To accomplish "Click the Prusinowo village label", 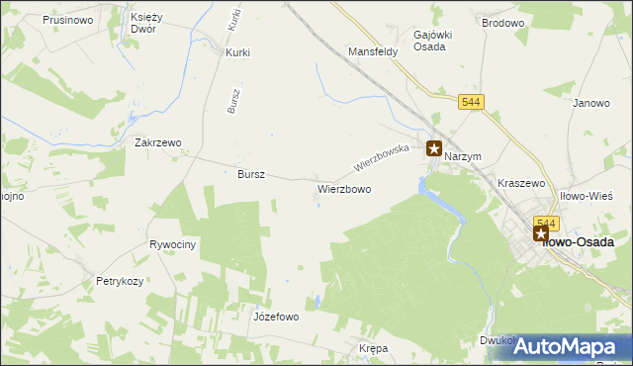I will [x=68, y=19].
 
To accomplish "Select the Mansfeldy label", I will [x=373, y=51].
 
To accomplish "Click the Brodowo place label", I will [x=501, y=21].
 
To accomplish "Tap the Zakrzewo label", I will [x=158, y=142].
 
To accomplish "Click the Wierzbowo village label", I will [x=344, y=188].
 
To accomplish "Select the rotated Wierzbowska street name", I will [x=382, y=156].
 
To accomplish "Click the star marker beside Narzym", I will [x=433, y=149].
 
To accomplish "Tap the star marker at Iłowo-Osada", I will [x=541, y=233].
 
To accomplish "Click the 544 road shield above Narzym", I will [x=471, y=102].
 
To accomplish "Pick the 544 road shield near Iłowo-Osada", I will [x=545, y=223].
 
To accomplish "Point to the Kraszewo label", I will [x=522, y=184].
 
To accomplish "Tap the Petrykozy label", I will [x=120, y=281].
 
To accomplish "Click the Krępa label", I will [x=374, y=349].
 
